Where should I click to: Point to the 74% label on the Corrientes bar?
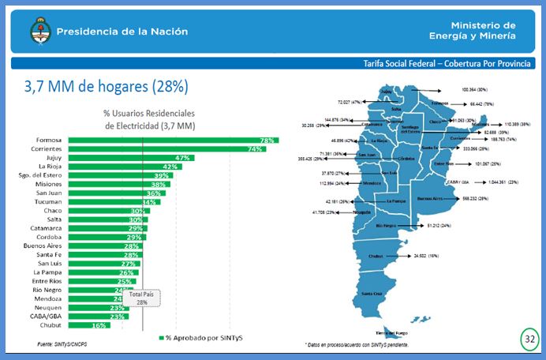255,148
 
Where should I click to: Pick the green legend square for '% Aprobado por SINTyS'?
160,337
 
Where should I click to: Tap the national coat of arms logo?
38,33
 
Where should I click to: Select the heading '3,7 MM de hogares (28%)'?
106,85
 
